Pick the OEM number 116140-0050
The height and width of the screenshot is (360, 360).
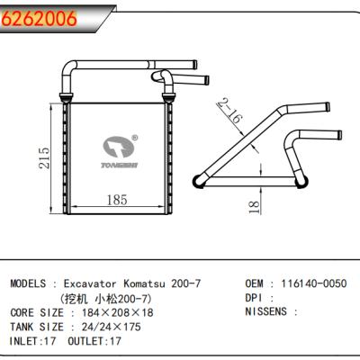click(313, 283)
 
